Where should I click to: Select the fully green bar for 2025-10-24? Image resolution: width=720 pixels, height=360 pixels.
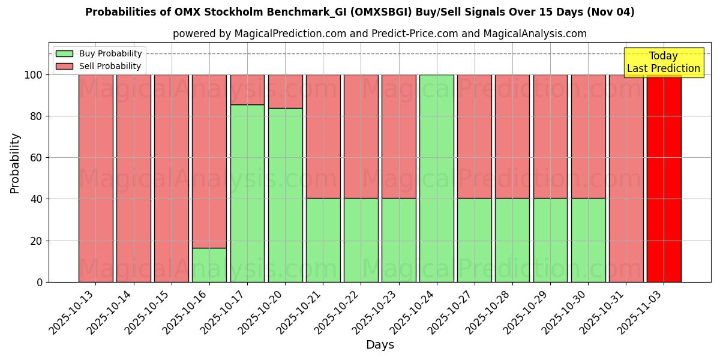click(436, 178)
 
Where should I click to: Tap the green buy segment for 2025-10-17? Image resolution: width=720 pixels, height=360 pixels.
click(247, 193)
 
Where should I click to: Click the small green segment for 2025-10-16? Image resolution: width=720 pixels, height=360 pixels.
click(209, 265)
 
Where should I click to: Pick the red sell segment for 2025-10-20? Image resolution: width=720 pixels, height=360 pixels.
click(285, 91)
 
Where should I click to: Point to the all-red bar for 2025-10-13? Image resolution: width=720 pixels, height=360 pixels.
click(95, 178)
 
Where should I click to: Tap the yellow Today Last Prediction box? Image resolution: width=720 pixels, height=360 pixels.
click(663, 62)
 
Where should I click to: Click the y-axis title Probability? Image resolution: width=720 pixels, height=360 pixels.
click(15, 163)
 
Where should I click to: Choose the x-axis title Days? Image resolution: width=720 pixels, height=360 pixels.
click(380, 345)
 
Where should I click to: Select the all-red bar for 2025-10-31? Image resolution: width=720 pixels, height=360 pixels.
click(626, 178)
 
